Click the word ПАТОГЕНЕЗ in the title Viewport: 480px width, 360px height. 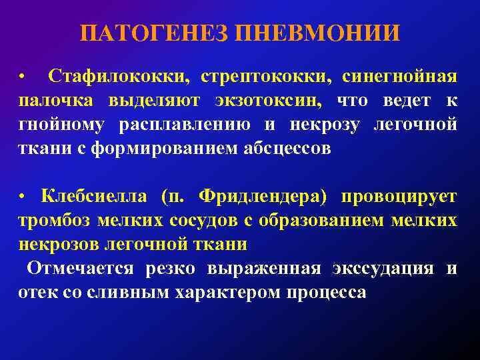click(x=155, y=33)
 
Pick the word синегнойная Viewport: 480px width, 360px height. click(x=399, y=77)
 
